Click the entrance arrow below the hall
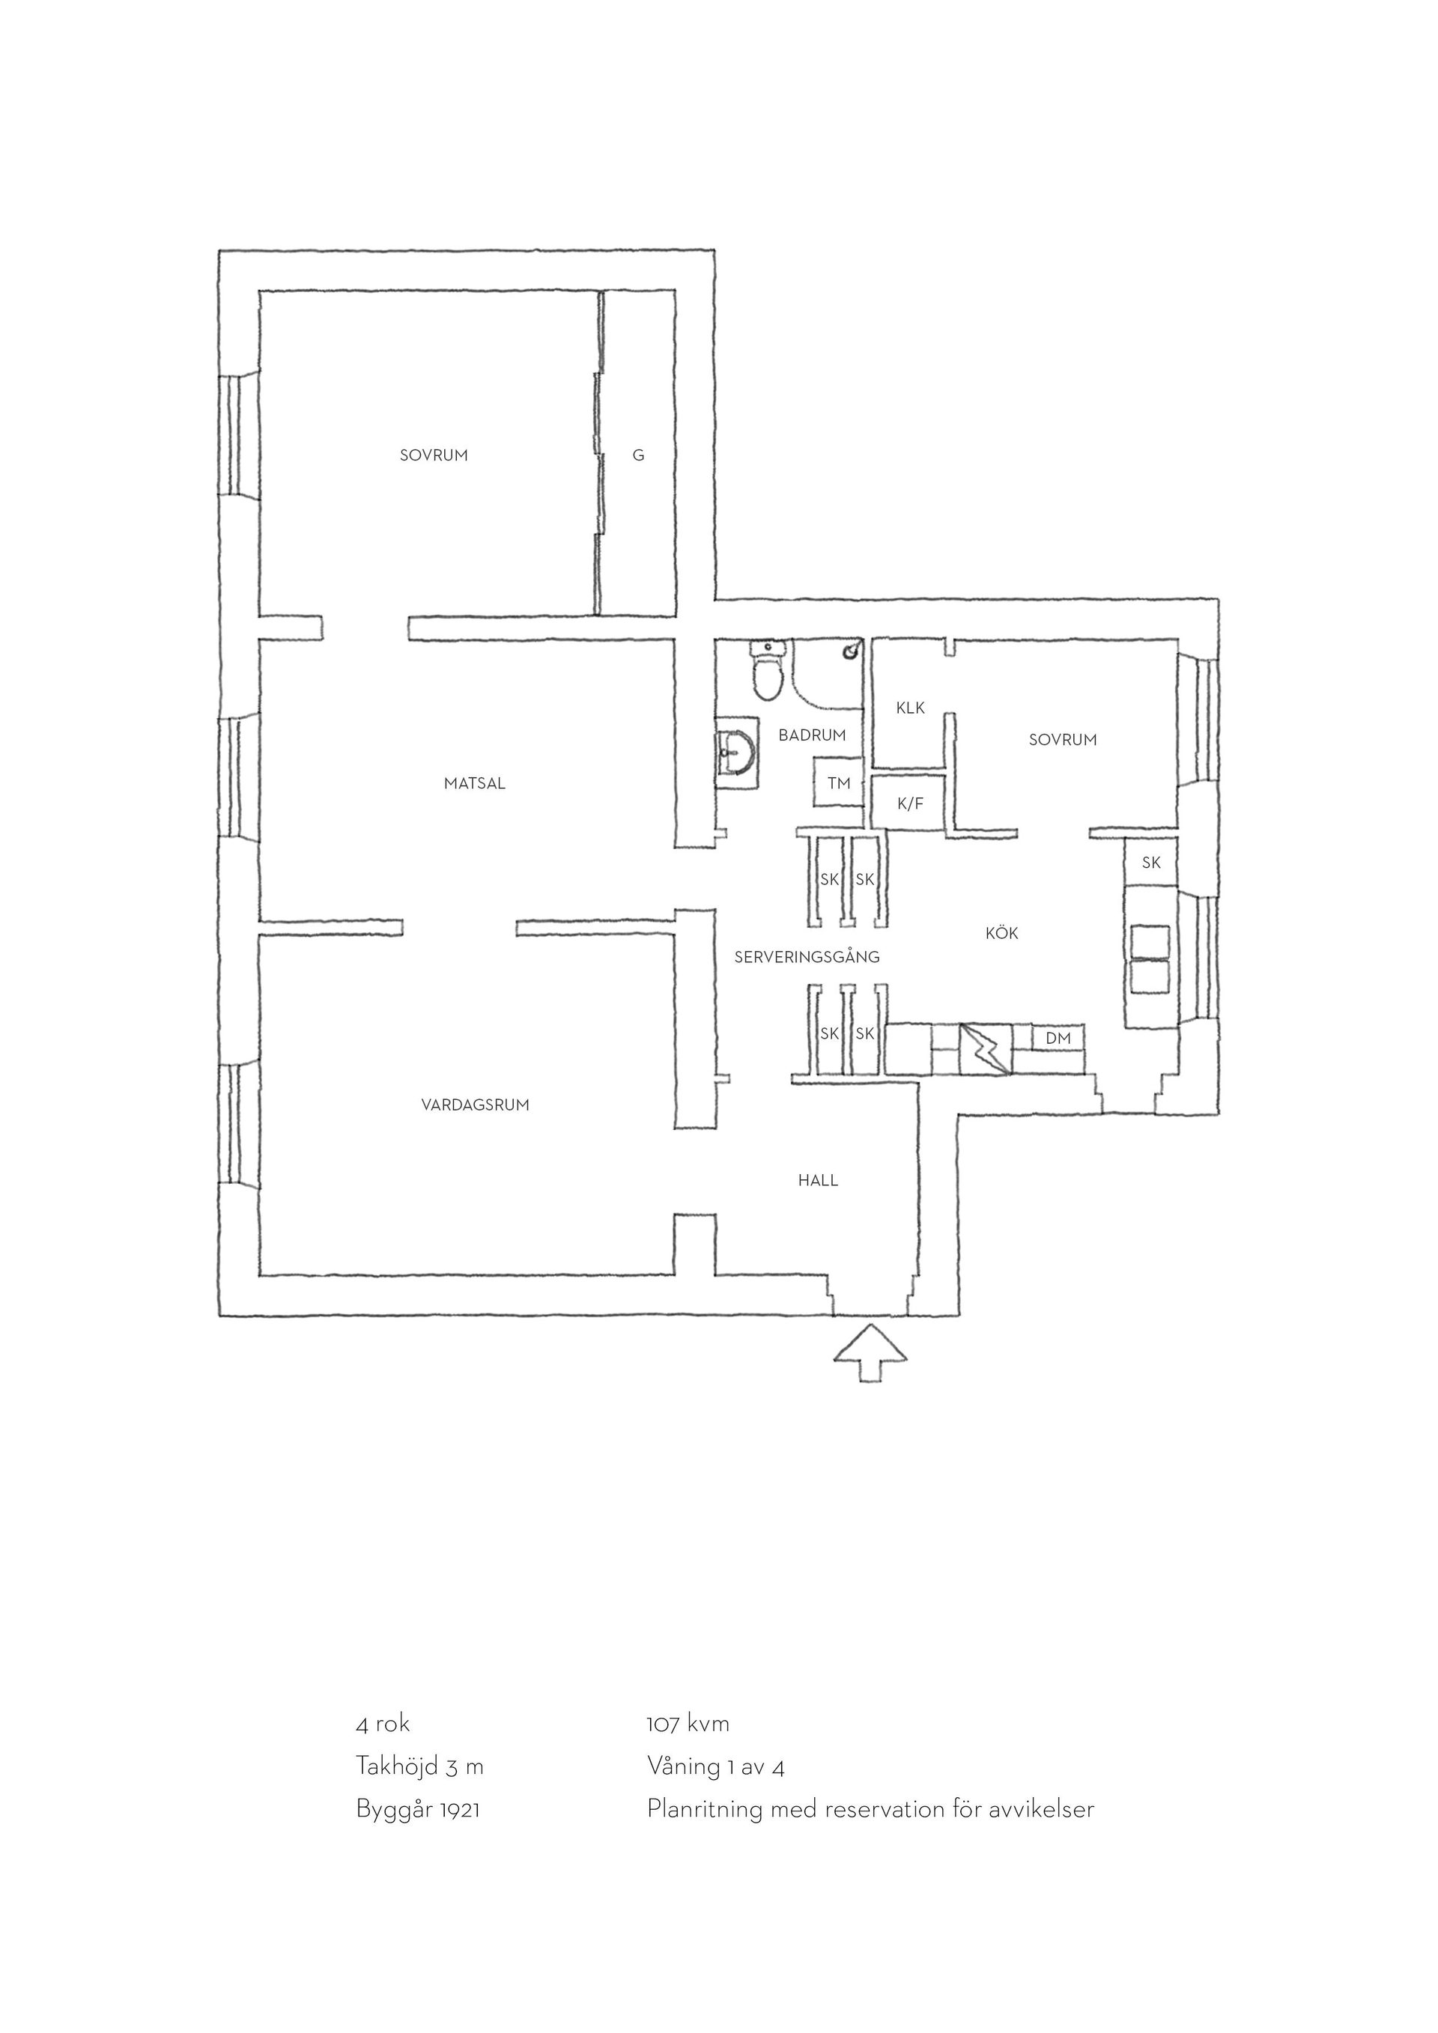(871, 1355)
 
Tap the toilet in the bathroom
(768, 669)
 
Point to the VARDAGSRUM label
(476, 1105)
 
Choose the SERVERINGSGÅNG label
(807, 956)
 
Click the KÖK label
(1001, 932)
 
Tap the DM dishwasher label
(1058, 1039)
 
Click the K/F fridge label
(910, 804)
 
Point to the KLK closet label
(910, 708)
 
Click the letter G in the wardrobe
(638, 455)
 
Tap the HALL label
(817, 1180)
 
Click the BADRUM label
(812, 735)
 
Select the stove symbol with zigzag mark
(985, 1049)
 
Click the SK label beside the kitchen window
(1151, 863)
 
